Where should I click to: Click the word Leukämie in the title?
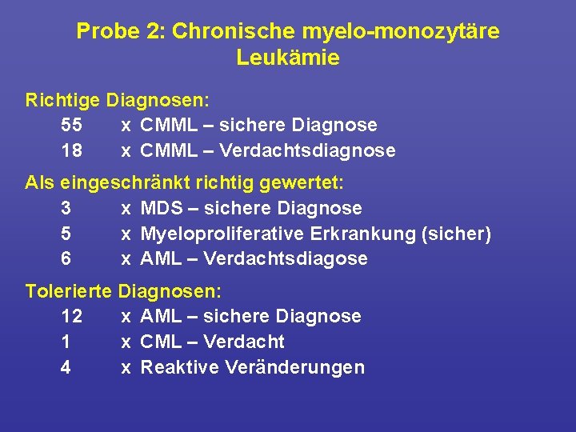tap(288, 58)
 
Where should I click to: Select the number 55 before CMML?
tap(70, 125)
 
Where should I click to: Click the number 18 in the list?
tap(70, 150)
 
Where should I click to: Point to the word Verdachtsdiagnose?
tap(307, 150)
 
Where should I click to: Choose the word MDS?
tap(164, 208)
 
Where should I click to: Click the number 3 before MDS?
tap(66, 208)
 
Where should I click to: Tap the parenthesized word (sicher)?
tap(462, 234)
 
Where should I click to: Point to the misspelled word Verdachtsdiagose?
tap(286, 258)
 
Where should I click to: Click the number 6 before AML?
tap(66, 258)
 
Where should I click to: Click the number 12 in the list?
tap(70, 316)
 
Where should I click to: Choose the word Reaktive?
tap(180, 367)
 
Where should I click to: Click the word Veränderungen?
tap(295, 367)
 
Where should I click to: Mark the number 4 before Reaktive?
tap(66, 367)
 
